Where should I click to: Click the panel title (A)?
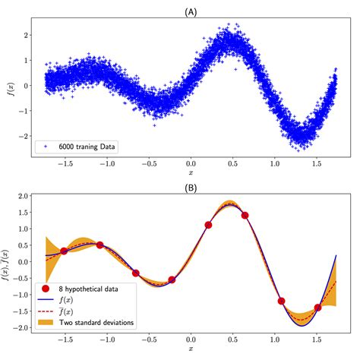pos(191,11)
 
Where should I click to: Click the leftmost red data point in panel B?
pos(65,251)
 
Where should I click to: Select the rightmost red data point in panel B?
pos(318,308)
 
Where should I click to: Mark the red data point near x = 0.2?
pos(208,225)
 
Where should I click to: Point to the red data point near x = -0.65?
pos(136,273)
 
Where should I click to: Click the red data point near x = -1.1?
pos(100,245)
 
